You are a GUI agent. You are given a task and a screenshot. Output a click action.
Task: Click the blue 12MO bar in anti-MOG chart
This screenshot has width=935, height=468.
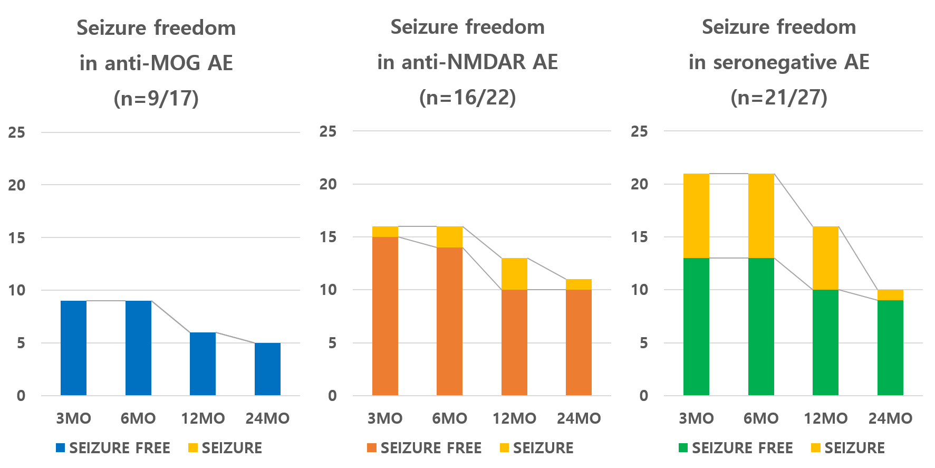click(203, 364)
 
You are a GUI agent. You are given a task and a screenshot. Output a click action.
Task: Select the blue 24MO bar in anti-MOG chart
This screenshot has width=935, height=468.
click(267, 369)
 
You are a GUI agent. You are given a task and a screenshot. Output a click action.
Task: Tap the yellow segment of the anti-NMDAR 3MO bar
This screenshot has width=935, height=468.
click(385, 232)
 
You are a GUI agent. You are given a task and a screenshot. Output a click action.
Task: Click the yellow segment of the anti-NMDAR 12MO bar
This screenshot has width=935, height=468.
click(514, 274)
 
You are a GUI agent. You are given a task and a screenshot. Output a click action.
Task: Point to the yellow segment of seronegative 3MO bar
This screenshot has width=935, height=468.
click(696, 216)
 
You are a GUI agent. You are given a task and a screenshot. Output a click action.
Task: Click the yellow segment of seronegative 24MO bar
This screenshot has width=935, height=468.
click(890, 295)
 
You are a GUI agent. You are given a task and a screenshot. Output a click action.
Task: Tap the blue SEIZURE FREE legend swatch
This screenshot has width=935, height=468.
click(61, 448)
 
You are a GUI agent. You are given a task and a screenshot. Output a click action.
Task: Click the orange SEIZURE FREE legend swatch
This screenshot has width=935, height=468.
click(372, 448)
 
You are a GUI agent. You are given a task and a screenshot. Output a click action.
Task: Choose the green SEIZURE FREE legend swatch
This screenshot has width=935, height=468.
click(683, 448)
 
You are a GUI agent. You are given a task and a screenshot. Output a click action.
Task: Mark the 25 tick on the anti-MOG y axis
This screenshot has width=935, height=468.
click(17, 132)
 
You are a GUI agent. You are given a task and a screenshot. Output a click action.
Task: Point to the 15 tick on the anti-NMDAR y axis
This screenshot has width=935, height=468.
click(327, 237)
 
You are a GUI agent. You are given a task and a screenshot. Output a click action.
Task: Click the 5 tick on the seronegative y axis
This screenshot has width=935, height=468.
click(643, 343)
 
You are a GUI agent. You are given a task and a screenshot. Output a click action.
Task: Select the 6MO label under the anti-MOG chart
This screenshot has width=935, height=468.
click(138, 418)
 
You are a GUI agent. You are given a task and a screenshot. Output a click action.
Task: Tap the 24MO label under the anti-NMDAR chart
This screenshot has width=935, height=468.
click(579, 418)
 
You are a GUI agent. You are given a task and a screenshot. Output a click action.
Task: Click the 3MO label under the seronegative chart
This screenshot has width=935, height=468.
click(696, 418)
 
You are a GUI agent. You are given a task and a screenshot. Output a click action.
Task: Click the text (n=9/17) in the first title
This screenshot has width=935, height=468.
click(156, 99)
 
